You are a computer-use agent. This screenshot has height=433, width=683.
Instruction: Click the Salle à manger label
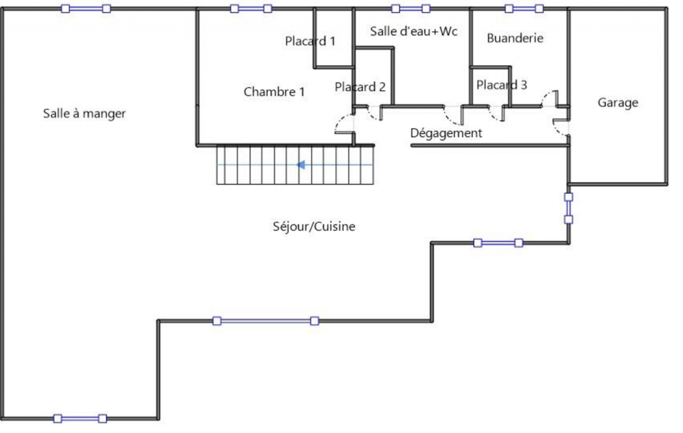(84, 114)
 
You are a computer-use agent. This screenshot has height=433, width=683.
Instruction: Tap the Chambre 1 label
(274, 92)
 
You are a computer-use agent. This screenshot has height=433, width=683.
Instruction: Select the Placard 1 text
(310, 41)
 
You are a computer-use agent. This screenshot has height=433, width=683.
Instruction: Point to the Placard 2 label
(360, 87)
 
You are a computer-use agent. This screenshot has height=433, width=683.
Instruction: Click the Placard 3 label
(502, 85)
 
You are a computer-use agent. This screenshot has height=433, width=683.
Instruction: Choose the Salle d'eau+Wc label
(414, 31)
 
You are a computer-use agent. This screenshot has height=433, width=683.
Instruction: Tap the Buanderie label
(515, 39)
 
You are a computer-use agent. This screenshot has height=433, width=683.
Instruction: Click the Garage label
(618, 103)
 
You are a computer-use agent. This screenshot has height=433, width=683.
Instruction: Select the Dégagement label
(446, 133)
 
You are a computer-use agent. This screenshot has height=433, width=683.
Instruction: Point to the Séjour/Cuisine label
(314, 226)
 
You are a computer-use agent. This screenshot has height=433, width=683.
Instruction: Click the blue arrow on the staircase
(301, 165)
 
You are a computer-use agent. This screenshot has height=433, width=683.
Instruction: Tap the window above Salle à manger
(86, 8)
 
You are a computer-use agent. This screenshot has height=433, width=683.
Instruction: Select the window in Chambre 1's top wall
(251, 8)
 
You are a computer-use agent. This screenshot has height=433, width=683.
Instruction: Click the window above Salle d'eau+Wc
(410, 8)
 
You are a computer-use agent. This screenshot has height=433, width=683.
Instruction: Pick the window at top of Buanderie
(524, 8)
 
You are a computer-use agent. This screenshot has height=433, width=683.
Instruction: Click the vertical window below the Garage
(568, 209)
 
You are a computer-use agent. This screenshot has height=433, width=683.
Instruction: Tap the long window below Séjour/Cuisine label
(266, 321)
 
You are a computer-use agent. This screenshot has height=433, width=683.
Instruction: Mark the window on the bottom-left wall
(80, 418)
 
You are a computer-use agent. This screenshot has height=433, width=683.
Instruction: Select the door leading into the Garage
(560, 127)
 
